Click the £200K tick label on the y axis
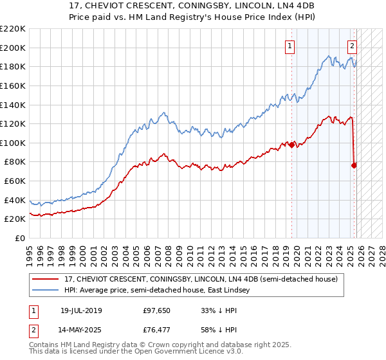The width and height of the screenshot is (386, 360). coord(13,48)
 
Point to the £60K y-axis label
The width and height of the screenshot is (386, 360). coord(15,181)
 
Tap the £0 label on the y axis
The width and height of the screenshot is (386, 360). coord(21,239)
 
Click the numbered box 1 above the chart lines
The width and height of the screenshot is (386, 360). coord(290,46)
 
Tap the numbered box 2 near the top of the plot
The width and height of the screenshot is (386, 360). coord(353,46)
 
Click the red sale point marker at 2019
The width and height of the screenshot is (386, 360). coord(292,145)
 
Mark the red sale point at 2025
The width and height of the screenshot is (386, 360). coord(354,165)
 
